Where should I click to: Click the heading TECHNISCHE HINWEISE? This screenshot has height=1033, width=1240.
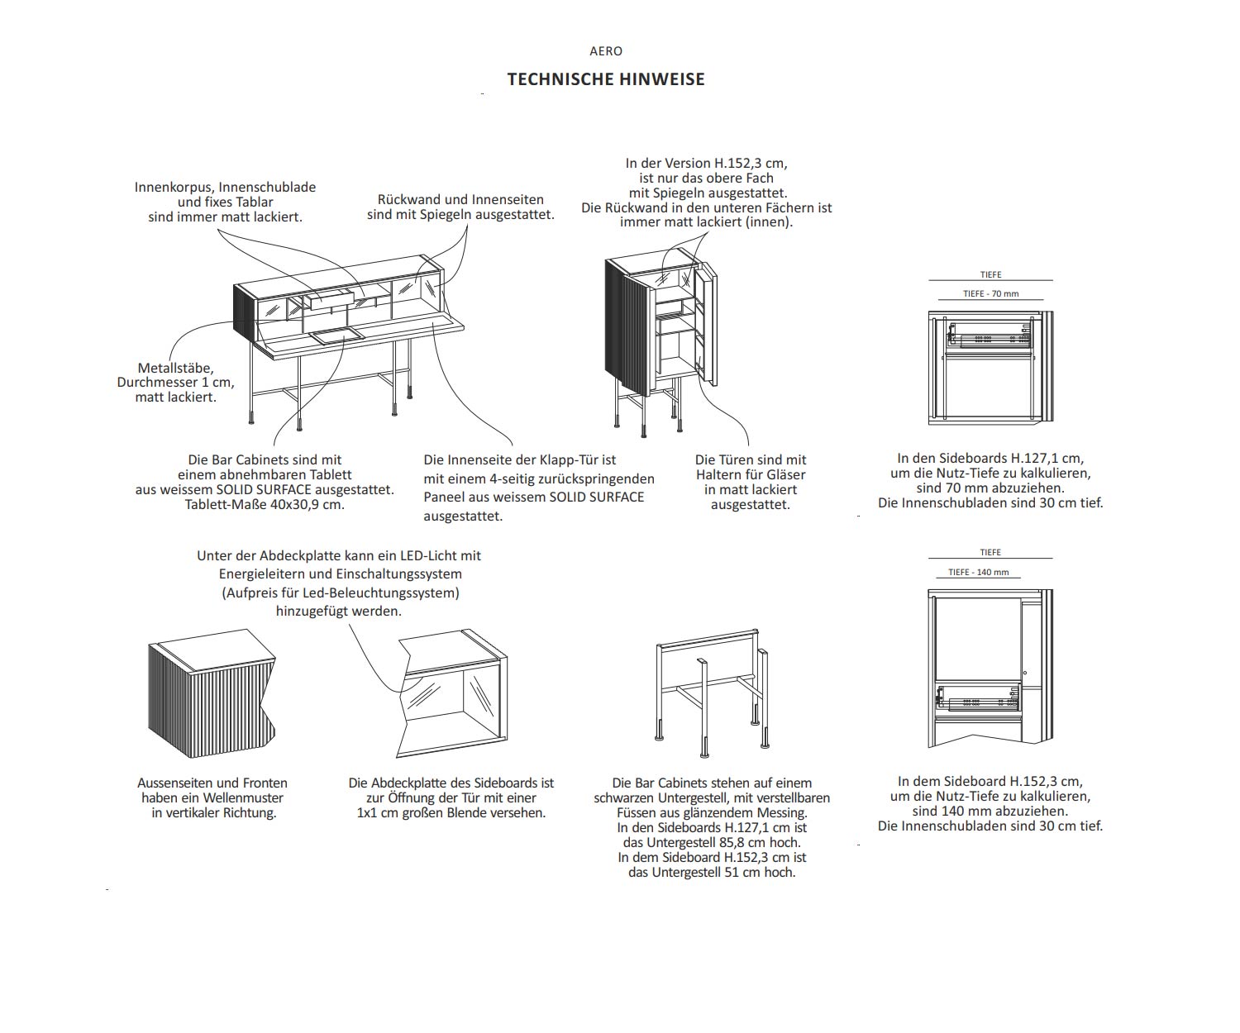[606, 79]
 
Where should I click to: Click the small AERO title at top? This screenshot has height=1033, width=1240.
[606, 51]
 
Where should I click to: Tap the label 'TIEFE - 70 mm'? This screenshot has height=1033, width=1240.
[990, 293]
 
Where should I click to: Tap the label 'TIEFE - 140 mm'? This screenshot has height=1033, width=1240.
[978, 572]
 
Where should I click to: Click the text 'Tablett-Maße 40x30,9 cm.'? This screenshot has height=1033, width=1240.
[265, 504]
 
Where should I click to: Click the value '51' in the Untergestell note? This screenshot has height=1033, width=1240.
[732, 872]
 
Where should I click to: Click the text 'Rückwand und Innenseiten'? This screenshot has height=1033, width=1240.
[460, 199]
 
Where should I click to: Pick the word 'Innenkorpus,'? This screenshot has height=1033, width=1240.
[173, 187]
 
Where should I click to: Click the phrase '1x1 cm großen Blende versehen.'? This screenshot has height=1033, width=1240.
[451, 812]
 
